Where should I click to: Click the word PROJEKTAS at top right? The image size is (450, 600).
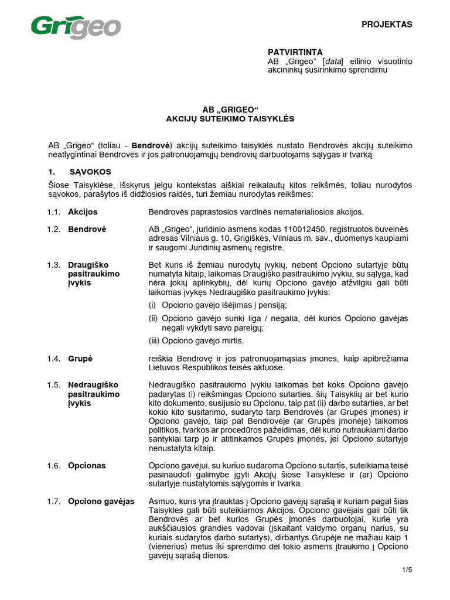(x=387, y=25)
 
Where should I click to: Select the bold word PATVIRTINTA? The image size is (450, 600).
(x=295, y=52)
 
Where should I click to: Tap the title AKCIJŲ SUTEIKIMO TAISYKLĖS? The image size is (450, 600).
(x=230, y=118)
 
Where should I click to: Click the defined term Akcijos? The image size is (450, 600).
(x=83, y=212)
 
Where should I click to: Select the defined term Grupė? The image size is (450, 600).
(x=80, y=358)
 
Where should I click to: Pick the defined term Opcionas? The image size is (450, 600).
(x=87, y=465)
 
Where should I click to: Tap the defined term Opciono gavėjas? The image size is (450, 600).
(x=101, y=502)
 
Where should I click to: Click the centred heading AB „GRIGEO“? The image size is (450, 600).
(x=230, y=109)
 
